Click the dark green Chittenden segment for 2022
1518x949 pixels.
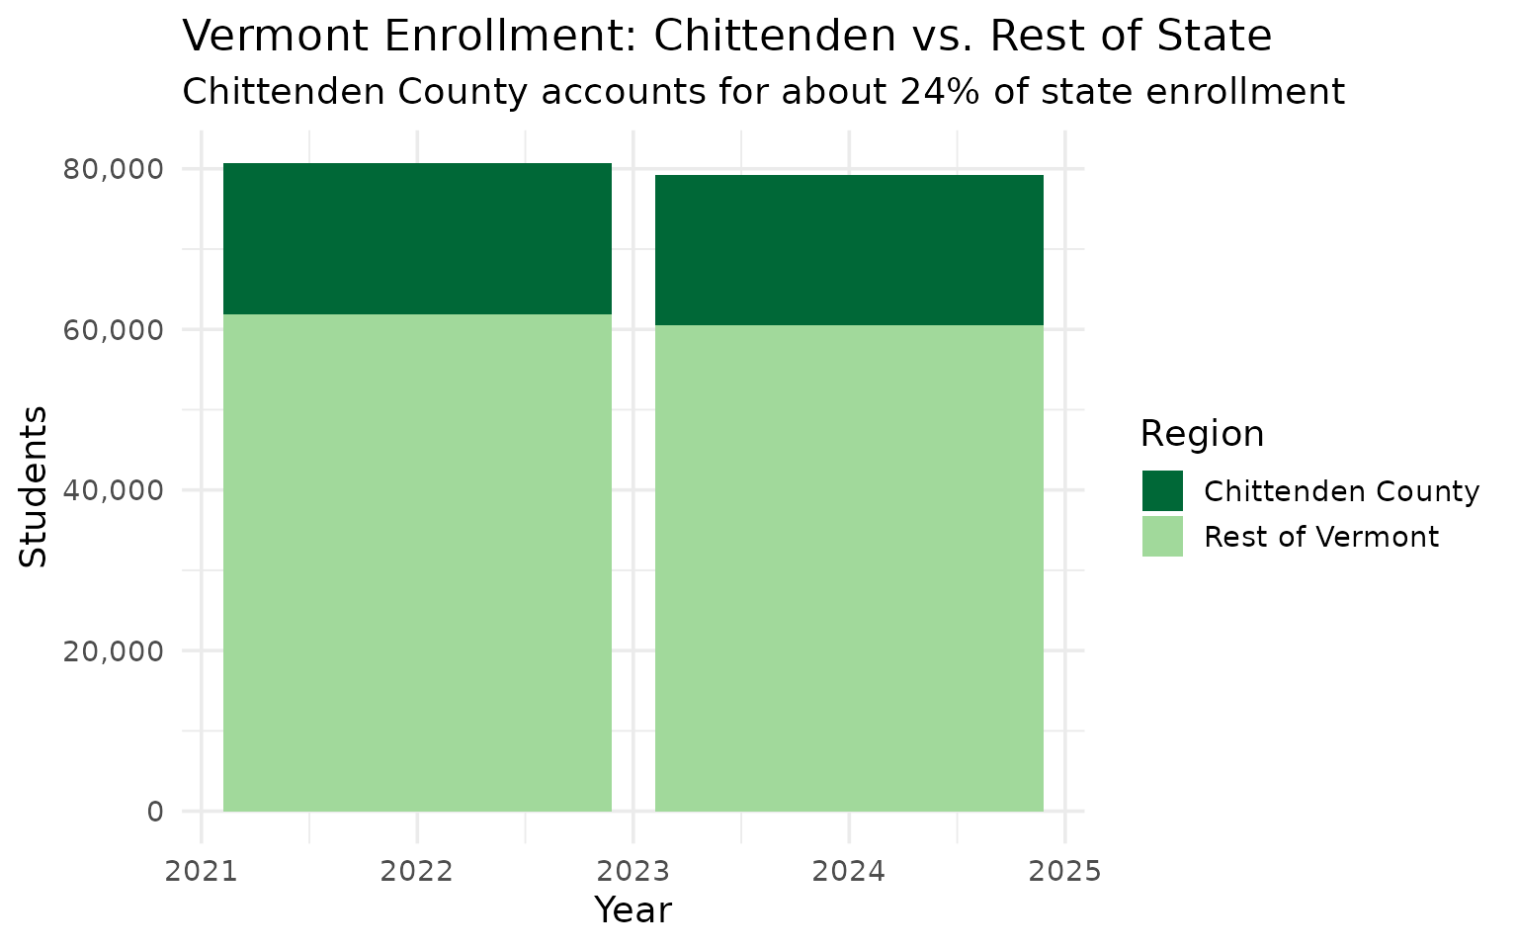pos(417,238)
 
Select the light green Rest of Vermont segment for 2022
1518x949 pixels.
pos(417,562)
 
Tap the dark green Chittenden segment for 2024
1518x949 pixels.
pos(849,250)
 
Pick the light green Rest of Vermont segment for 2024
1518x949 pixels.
pos(849,568)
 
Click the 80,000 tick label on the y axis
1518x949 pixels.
pos(113,169)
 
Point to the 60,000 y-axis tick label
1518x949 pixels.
pos(113,329)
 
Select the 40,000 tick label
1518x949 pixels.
pos(113,490)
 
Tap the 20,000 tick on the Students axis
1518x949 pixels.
pos(113,650)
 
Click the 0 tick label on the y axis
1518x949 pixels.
pos(155,812)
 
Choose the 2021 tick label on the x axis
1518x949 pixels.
pos(202,871)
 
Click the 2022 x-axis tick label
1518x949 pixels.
pos(417,871)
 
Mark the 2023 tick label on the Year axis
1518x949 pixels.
pos(633,871)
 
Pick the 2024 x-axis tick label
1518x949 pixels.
pos(849,871)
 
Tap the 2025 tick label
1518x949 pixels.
pos(1064,871)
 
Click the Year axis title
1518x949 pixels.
pos(632,910)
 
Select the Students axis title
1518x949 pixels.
pos(35,486)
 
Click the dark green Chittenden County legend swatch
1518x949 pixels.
pos(1162,491)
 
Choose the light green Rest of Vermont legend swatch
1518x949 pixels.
pos(1162,537)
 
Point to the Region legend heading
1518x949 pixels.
pos(1202,434)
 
